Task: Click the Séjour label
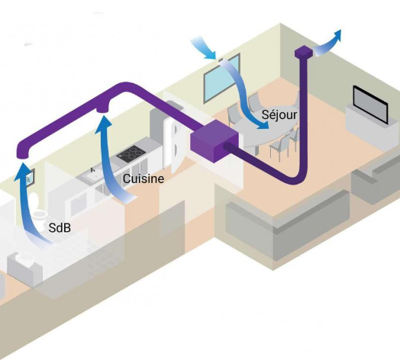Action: pyautogui.click(x=279, y=114)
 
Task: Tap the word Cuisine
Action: pyautogui.click(x=144, y=178)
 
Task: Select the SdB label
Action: pyautogui.click(x=60, y=228)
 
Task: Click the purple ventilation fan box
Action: pyautogui.click(x=215, y=141)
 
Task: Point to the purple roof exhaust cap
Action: pyautogui.click(x=304, y=52)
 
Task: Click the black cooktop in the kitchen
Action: pyautogui.click(x=131, y=153)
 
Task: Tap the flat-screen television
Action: pyautogui.click(x=370, y=104)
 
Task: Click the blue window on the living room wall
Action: pyautogui.click(x=221, y=79)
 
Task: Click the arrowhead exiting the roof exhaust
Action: pyautogui.click(x=337, y=35)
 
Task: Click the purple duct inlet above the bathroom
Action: pyautogui.click(x=22, y=153)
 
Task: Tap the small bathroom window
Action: pyautogui.click(x=31, y=176)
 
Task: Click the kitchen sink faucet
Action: pyautogui.click(x=93, y=169)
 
